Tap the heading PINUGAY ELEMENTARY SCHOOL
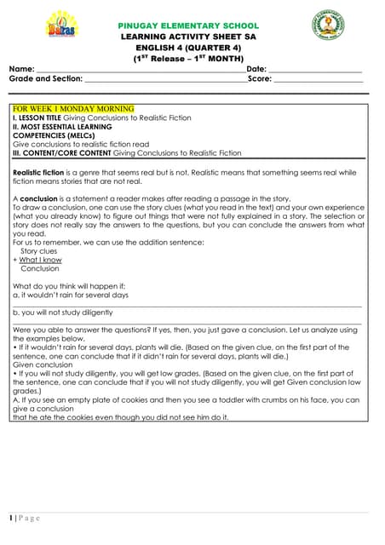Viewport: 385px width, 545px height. (x=188, y=26)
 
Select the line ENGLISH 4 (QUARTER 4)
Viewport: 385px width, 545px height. (x=188, y=49)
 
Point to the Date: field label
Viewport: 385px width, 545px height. (x=256, y=68)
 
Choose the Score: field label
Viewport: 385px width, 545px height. (x=260, y=78)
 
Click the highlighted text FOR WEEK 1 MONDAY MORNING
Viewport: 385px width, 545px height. (x=73, y=109)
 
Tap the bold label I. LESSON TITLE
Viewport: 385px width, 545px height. (x=43, y=118)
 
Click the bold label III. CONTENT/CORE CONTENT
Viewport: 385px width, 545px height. (x=62, y=153)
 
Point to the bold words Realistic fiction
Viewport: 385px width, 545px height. (x=39, y=172)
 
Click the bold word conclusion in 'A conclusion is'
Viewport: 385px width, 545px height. (x=39, y=198)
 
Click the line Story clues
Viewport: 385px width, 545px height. (x=38, y=251)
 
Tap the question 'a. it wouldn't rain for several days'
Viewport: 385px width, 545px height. (x=71, y=295)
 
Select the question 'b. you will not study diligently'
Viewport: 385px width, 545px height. (x=63, y=313)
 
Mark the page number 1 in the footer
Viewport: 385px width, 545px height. (x=11, y=518)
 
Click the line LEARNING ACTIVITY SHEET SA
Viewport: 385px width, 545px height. (x=188, y=37)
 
